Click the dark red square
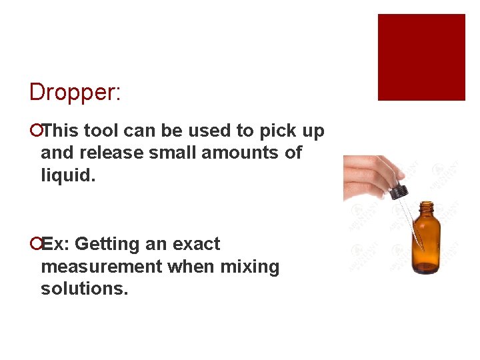click(x=421, y=57)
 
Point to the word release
click(x=110, y=153)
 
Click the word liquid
click(x=68, y=175)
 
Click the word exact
click(x=196, y=244)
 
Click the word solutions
click(x=84, y=289)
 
